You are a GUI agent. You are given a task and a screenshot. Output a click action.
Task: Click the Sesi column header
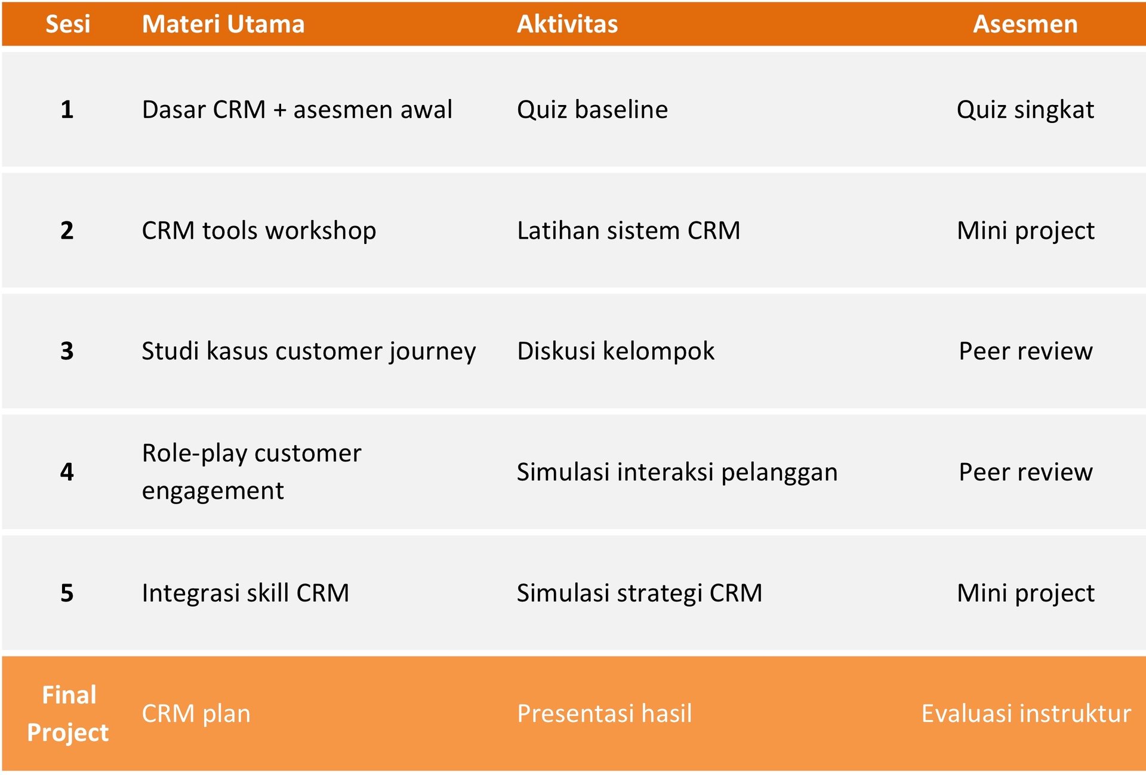coord(68,24)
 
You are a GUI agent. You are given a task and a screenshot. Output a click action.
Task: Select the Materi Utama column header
coord(223,24)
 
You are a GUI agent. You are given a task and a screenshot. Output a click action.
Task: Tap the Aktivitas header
coord(567,24)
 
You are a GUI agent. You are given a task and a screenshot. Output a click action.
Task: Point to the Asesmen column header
coord(1025,24)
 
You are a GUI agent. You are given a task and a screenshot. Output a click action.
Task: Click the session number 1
coord(67,110)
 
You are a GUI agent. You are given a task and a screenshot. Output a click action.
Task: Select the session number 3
coord(67,351)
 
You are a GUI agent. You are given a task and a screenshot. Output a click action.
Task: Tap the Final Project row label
coord(68,714)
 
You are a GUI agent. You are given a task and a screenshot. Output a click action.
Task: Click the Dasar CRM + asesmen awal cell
coord(297,110)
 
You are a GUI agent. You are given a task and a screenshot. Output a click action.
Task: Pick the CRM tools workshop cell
coord(259,231)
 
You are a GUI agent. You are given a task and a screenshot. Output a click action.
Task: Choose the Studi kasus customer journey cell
coord(309,351)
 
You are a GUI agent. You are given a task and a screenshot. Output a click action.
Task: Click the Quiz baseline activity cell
coord(593,110)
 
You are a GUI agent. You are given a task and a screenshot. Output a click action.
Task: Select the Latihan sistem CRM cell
coord(629,230)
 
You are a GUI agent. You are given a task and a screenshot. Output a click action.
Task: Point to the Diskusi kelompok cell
coord(616,351)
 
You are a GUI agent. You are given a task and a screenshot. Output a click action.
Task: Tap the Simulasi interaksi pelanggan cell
coord(677,473)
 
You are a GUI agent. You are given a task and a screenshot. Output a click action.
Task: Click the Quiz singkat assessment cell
coord(1025,110)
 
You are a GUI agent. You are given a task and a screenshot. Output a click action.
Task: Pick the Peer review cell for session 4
coord(1025,473)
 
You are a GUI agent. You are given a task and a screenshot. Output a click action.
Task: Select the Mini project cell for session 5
coord(1025,594)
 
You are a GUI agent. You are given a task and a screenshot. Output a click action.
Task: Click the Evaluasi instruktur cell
coord(1026,714)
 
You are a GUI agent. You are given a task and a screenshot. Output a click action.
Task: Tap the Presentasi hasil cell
coord(605,714)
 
